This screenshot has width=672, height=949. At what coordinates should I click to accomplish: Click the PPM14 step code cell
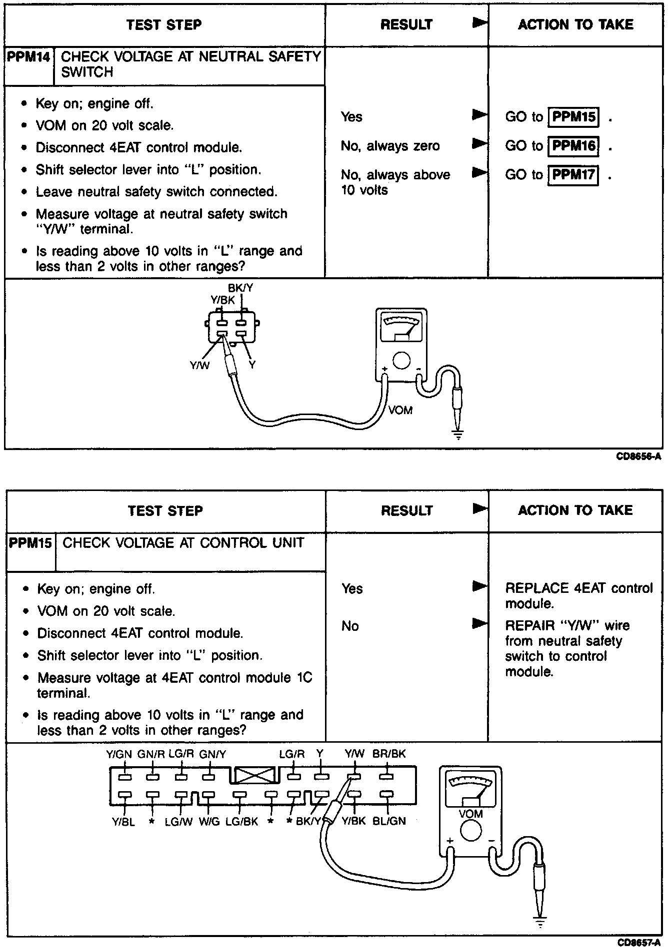pos(29,57)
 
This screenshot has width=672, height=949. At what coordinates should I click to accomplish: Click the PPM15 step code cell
pos(30,543)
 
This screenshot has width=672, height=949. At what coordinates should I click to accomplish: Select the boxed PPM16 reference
pos(573,146)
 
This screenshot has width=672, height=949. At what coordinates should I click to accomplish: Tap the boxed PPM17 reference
pos(573,175)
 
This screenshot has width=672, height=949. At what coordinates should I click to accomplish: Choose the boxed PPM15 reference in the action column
pos(573,117)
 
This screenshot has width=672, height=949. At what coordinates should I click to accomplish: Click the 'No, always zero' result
pos(390,146)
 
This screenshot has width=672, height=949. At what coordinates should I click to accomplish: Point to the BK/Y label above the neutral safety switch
pos(240,288)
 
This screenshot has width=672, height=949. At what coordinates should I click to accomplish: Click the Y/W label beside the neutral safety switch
pos(199,366)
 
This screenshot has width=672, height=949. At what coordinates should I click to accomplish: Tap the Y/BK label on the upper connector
pos(222,300)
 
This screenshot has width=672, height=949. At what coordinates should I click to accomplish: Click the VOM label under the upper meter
pos(400,411)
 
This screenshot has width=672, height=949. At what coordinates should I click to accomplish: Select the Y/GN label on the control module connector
pos(118,754)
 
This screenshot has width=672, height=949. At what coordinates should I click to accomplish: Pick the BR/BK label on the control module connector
pos(389,754)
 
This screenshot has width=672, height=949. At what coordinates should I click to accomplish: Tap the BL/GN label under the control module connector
pos(389,821)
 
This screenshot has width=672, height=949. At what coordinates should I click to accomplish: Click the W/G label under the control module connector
pos(209,822)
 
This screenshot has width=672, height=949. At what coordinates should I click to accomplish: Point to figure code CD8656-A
pos(638,457)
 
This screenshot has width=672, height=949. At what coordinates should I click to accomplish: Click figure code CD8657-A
pos(638,943)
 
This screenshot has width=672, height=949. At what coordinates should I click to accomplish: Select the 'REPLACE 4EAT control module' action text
pos(578,595)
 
